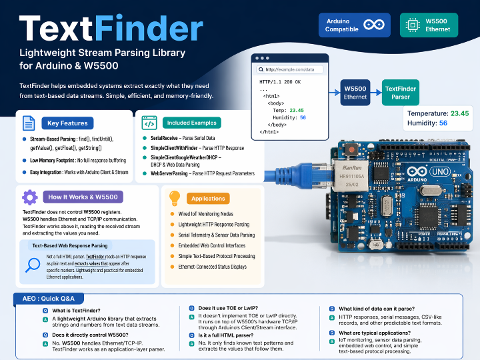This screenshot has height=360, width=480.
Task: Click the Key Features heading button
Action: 67,123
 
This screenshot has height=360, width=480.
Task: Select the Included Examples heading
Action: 193,123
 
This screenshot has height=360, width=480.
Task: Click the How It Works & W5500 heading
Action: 83,197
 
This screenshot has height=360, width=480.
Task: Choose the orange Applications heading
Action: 209,198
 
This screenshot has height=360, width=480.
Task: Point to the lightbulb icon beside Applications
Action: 175,197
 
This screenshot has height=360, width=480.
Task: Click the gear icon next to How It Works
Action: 29,197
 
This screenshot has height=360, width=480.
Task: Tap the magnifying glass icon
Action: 33,265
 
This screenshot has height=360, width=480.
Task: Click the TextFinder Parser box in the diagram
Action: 401,93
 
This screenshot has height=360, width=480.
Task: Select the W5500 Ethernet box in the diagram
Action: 355,93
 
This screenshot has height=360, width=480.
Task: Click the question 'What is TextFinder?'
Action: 76,311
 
